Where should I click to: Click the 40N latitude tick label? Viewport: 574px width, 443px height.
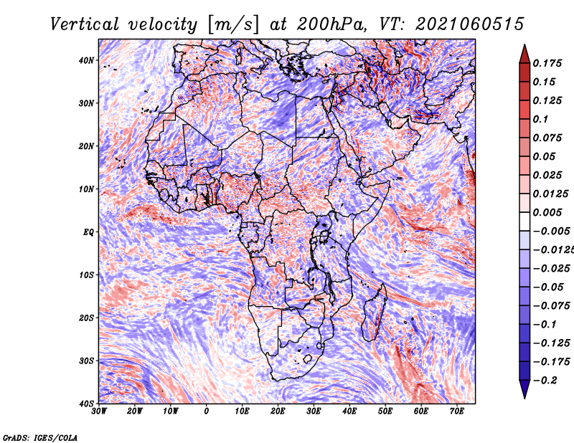point(85,60)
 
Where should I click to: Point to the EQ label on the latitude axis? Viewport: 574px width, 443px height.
point(88,232)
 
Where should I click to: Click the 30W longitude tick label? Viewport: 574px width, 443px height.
point(99,411)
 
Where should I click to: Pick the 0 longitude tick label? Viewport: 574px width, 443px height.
point(207,411)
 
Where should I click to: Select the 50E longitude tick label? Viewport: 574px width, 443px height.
point(385,411)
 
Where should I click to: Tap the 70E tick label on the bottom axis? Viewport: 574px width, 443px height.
point(457,411)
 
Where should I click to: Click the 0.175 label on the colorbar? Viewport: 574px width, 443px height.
point(547,64)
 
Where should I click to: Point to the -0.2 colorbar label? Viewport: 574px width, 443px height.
point(545,381)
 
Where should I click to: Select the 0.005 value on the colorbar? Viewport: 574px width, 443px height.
point(547,212)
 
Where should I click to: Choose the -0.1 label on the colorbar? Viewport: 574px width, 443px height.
point(545,325)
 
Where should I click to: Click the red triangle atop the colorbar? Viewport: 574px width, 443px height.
point(524,55)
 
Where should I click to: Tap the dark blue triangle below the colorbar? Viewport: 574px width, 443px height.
point(524,389)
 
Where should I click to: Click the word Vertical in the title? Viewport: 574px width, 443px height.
point(85,24)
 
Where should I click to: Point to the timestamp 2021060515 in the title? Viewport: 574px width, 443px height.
point(470,24)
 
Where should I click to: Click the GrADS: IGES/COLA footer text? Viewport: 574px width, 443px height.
point(40,438)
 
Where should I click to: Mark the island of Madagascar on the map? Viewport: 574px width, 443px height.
point(375,313)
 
